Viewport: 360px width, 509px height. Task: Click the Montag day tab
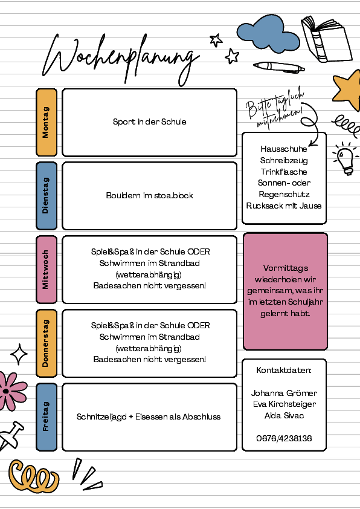click(x=47, y=122)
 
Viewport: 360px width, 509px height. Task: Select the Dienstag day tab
click(x=47, y=196)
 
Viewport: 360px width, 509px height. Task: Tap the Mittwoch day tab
click(x=47, y=270)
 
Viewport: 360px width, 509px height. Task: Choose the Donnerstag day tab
click(x=47, y=343)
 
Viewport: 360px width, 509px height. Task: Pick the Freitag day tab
click(x=47, y=417)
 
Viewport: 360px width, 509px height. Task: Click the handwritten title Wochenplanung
click(x=121, y=59)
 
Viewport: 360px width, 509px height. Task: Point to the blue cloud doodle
click(x=268, y=34)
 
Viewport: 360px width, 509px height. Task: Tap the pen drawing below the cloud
click(x=279, y=67)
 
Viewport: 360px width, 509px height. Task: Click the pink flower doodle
click(x=11, y=391)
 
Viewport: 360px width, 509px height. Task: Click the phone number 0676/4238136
click(x=284, y=438)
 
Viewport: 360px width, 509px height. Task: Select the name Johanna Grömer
click(x=284, y=393)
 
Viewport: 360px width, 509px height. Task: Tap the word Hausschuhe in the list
click(x=284, y=149)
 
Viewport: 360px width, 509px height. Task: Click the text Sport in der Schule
click(x=150, y=122)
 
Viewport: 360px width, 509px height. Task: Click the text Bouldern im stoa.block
click(x=150, y=195)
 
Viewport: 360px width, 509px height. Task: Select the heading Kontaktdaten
click(x=284, y=371)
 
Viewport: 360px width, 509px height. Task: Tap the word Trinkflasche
click(x=284, y=172)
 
